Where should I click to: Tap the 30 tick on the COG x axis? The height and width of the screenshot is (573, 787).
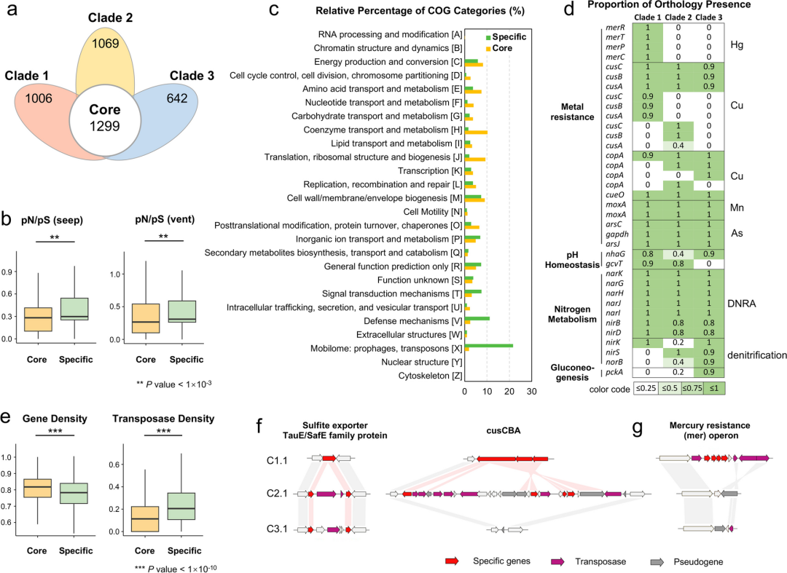coord(531,391)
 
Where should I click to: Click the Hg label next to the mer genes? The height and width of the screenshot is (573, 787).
coord(735,44)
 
